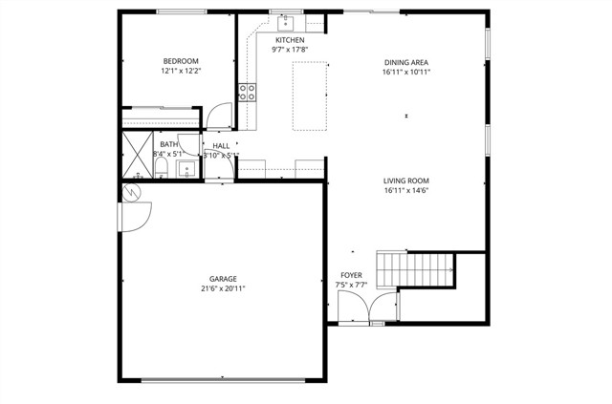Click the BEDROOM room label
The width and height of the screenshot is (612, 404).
coord(180,60)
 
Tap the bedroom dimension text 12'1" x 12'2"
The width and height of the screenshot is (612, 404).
coord(180,71)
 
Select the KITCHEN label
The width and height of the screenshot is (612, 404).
coord(290,40)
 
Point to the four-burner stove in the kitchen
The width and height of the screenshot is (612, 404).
coord(247,92)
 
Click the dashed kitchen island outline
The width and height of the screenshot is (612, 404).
coord(308,96)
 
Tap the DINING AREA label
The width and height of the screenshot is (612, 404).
coord(406,60)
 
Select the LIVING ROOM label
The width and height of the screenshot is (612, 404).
coord(406,180)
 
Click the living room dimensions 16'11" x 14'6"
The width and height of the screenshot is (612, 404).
coord(406,190)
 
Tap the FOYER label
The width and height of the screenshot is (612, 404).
coord(351,274)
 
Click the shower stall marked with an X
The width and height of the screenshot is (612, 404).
coord(138,154)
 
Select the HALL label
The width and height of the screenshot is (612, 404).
coord(221,145)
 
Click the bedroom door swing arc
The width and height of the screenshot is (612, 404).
coord(220,116)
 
